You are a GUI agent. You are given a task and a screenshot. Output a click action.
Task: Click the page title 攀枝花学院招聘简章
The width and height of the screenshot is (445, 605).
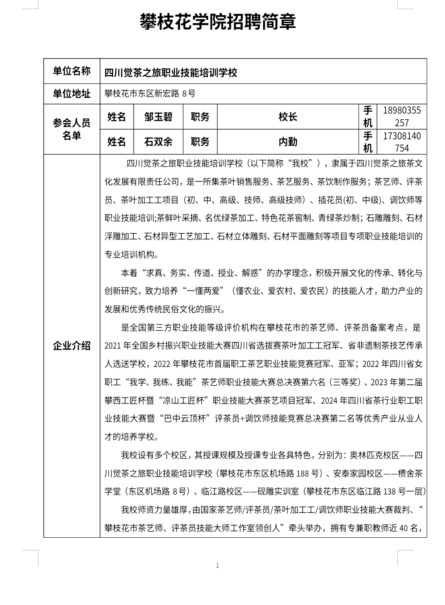217,22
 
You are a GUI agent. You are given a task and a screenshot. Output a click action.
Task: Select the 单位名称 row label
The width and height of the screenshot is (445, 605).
72,71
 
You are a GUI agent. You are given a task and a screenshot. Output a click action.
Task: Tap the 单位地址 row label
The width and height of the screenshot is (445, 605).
72,93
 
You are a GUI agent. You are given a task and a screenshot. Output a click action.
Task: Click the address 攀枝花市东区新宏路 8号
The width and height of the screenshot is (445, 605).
150,93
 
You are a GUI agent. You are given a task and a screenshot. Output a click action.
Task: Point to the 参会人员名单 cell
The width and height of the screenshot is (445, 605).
72,129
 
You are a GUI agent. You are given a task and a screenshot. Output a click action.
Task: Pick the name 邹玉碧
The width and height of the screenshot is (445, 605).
158,117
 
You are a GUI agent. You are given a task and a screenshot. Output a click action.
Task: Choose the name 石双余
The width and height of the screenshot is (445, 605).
158,142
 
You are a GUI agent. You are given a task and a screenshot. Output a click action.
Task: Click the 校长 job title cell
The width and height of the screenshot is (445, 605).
288,117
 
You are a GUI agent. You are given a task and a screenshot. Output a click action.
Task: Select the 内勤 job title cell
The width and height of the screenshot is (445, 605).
288,142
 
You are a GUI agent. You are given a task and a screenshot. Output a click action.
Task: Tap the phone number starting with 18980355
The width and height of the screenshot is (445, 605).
401,117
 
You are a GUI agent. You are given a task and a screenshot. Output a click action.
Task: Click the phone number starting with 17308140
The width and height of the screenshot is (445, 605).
401,142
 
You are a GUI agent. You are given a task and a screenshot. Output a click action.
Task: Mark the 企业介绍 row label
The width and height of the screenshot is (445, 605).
72,346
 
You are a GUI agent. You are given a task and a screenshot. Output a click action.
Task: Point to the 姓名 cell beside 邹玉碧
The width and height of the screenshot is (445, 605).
116,117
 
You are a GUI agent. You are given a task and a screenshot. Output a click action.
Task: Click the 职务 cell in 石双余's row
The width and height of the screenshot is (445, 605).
200,142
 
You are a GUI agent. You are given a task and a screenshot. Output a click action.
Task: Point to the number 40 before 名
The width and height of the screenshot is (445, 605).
403,528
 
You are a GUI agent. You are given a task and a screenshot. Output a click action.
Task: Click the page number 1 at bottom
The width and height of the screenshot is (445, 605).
217,566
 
